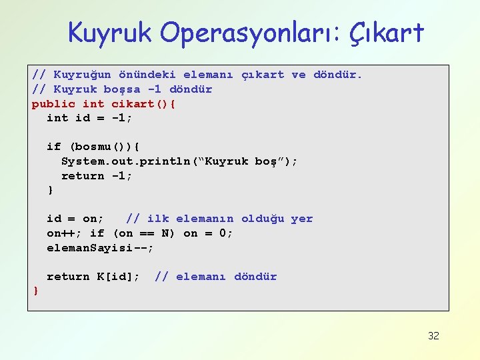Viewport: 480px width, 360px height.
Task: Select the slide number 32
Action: point(433,335)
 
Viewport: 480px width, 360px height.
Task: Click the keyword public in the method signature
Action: point(53,103)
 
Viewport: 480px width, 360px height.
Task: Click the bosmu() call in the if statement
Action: point(100,147)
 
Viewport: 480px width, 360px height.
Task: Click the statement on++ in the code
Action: point(64,233)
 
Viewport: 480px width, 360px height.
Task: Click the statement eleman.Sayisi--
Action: point(100,248)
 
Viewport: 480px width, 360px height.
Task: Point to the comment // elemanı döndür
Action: point(215,277)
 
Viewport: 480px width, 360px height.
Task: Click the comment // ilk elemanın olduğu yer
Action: point(219,219)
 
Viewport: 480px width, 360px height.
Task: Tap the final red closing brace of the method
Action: point(35,291)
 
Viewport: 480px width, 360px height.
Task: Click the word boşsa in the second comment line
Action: point(122,89)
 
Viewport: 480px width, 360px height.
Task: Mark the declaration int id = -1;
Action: point(89,118)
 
